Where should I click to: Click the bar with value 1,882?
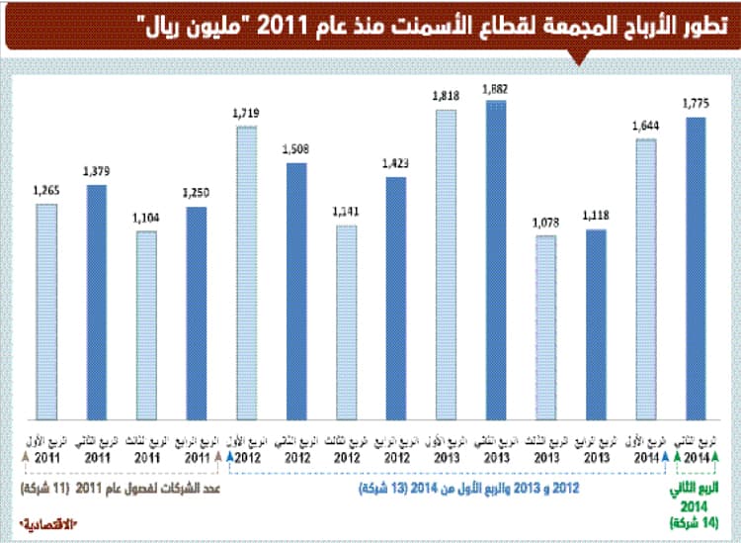(x=496, y=257)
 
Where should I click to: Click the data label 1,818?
(x=447, y=95)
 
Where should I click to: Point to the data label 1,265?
(x=45, y=191)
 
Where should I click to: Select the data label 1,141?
(x=346, y=212)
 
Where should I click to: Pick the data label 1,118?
(x=597, y=216)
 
